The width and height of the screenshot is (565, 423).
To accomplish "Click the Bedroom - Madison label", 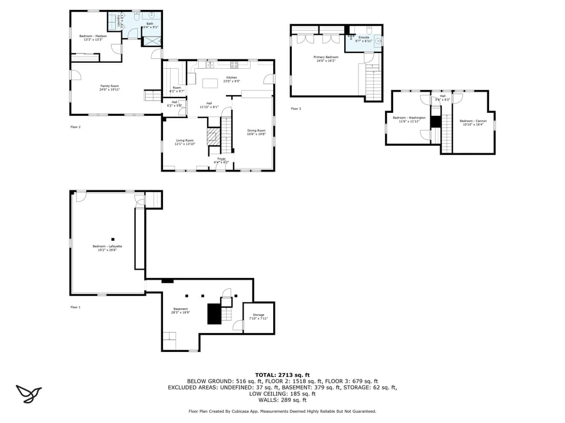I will (93, 36).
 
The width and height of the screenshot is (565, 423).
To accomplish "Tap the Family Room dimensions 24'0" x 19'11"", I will (109, 90).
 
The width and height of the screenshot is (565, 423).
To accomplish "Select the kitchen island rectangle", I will (210, 83).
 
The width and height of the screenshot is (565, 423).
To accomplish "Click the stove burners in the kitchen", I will (234, 64).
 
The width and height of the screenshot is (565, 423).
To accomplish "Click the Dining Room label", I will (256, 130).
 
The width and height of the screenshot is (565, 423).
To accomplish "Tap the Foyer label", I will (221, 159).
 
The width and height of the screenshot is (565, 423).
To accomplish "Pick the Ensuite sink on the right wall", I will (378, 41).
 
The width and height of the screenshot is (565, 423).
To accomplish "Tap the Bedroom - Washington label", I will (408, 117).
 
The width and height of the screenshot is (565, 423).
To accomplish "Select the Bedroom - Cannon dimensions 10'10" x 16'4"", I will (473, 125).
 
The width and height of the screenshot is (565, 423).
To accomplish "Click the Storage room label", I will (258, 315).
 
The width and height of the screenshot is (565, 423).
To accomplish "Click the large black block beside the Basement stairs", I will (214, 314).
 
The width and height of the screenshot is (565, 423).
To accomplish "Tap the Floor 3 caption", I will (295, 109).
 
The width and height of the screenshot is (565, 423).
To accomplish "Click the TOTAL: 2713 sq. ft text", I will (282, 374).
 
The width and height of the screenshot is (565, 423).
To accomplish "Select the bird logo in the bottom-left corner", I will (28, 393).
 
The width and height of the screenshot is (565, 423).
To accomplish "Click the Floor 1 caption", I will (75, 307).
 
